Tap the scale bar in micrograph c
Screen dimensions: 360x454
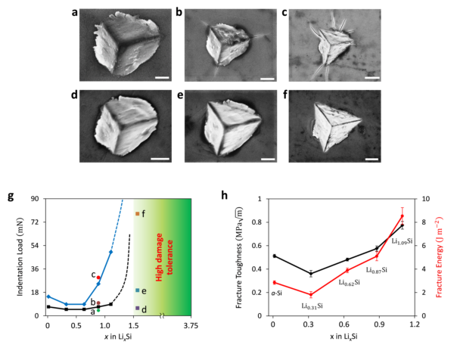371,77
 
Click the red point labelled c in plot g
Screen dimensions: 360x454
98,278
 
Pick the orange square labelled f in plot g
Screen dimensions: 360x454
137,214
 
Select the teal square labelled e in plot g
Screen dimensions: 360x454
137,290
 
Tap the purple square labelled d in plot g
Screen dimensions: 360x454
137,309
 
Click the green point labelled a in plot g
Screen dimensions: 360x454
98,310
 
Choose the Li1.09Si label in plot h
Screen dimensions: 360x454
402,241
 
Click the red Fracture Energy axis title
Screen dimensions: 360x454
446,257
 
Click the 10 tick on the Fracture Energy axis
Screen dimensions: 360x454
430,199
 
